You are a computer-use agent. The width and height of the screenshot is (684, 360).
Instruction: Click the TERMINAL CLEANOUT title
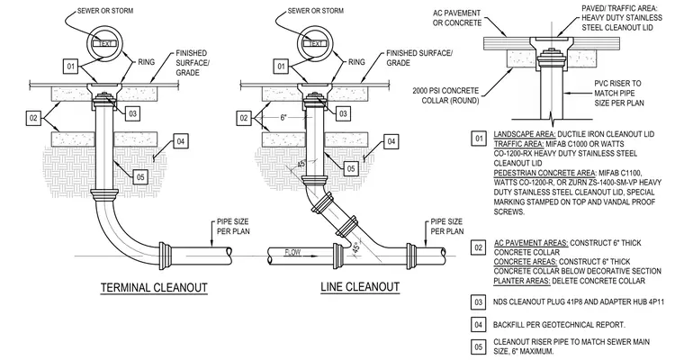(154, 288)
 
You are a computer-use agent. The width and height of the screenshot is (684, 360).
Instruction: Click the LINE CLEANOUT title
(360, 287)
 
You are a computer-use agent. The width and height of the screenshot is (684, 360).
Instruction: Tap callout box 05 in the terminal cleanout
(140, 176)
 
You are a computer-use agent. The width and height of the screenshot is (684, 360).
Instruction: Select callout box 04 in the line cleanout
(391, 141)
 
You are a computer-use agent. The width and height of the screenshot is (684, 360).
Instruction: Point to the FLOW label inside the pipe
(292, 252)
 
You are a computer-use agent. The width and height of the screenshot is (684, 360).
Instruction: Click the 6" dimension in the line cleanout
(283, 117)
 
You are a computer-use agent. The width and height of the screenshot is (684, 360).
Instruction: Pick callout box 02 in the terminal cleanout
(33, 118)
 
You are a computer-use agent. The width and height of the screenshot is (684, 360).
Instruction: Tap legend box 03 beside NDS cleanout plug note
(479, 302)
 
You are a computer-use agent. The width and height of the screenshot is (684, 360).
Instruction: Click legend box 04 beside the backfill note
(479, 325)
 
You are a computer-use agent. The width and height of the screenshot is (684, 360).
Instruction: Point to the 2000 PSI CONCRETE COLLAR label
(445, 95)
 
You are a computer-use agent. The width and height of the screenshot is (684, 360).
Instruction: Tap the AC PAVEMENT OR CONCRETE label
(456, 18)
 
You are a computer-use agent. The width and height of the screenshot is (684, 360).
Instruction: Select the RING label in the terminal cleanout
(146, 62)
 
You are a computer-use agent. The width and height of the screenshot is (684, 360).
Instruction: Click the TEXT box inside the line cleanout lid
(315, 43)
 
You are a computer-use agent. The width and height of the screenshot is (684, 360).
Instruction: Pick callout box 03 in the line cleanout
(343, 114)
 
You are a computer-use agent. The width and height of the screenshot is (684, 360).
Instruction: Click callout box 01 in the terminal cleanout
(71, 67)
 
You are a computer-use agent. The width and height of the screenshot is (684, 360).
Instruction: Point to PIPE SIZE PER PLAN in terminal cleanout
(233, 226)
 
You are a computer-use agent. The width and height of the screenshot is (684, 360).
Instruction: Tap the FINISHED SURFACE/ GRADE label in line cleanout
(419, 58)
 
